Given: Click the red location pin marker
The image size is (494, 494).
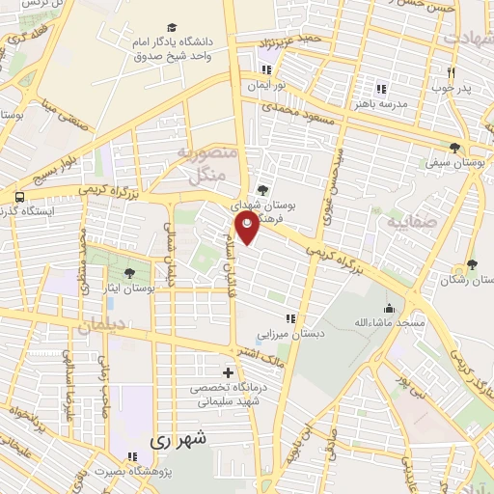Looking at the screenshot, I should coord(249,229).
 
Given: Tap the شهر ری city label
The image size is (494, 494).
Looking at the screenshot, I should coord(174,440).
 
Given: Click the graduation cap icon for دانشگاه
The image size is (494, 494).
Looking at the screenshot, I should coord(172,28).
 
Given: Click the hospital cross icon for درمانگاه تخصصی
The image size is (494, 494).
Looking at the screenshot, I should coord(228,372).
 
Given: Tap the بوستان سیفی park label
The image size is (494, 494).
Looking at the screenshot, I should coord(454,164).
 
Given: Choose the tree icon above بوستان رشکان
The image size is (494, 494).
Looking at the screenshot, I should coord(471,264).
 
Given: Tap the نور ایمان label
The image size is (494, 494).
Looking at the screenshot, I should coord(267,85).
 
